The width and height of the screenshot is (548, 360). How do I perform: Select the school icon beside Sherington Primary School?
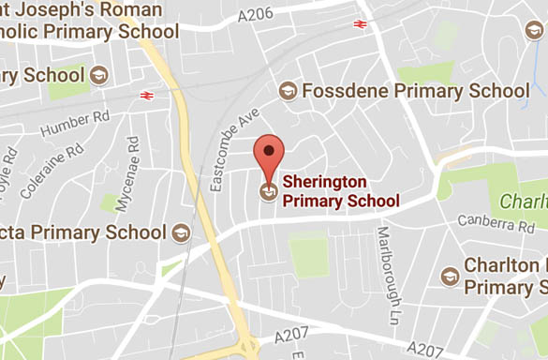(268, 191)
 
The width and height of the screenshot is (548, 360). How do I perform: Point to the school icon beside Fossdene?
(288, 91)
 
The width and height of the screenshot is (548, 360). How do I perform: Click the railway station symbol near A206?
(361, 23)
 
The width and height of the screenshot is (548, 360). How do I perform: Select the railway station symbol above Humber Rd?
(146, 95)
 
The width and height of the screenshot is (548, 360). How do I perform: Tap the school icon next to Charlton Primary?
(450, 276)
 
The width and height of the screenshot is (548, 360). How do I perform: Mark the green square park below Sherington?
(308, 255)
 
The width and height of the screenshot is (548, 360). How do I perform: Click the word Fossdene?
(348, 91)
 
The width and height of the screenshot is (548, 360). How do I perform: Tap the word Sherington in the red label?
(327, 182)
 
